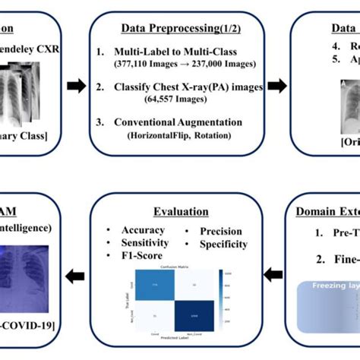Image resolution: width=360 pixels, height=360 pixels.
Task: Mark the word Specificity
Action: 223,244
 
